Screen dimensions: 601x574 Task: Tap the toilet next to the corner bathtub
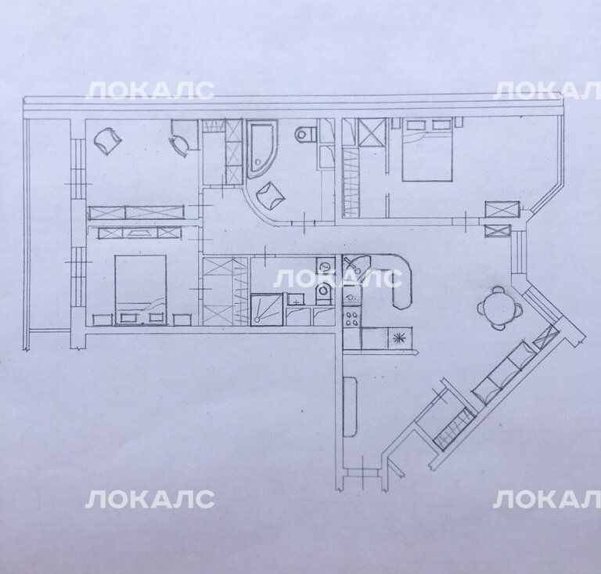click(x=306, y=133)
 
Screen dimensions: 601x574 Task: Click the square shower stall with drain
click(x=267, y=309)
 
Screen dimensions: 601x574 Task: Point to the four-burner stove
click(x=351, y=317)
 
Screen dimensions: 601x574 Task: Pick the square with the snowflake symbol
click(x=399, y=338)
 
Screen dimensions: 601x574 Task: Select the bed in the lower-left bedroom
click(x=140, y=290)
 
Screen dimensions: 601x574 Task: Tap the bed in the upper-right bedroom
click(x=426, y=150)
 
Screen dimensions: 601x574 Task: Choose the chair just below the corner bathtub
click(x=271, y=195)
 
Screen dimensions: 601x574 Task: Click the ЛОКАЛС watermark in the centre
click(x=337, y=278)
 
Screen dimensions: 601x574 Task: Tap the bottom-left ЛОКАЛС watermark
click(x=149, y=500)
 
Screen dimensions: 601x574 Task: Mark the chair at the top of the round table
click(x=498, y=290)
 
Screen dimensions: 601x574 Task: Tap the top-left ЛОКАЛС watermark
click(x=149, y=91)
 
